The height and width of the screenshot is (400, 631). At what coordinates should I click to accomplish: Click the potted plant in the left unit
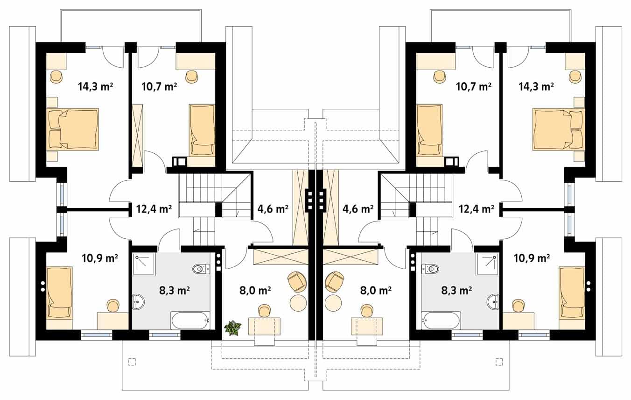coord(233,328)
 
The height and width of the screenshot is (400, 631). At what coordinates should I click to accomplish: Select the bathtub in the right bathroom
coord(441,320)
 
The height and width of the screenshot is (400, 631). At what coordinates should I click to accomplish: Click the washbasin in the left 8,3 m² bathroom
coord(138,301)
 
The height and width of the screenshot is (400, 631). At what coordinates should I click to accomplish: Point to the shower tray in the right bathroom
coord(487,264)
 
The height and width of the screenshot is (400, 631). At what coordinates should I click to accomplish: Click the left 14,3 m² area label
coord(96,86)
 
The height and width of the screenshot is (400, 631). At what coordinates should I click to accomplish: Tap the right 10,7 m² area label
coord(474,86)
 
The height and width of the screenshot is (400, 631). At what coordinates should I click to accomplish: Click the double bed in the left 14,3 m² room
coord(73,129)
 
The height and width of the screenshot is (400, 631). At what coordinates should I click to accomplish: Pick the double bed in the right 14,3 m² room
coord(559,129)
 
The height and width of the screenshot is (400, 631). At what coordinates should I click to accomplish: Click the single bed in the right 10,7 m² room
coord(429,130)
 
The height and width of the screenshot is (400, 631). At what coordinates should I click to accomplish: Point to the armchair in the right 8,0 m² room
coord(334,282)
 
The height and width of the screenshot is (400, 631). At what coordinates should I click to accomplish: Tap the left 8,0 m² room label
coord(255,290)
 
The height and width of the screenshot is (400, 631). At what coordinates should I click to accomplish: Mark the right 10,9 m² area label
coord(532,258)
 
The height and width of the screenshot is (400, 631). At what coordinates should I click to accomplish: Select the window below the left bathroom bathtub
coord(164,335)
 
